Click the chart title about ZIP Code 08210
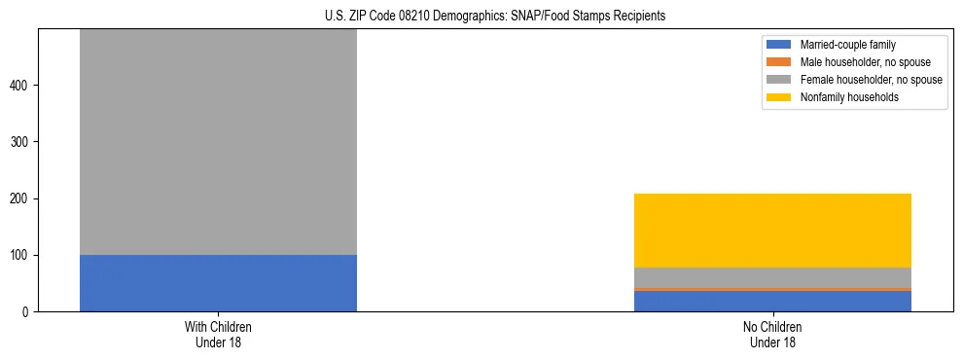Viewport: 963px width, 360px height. pyautogui.click(x=481, y=17)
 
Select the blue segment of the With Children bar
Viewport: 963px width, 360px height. pyautogui.click(x=218, y=283)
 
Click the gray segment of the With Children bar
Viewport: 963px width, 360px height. pyautogui.click(x=218, y=142)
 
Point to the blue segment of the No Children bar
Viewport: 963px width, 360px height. pyautogui.click(x=772, y=301)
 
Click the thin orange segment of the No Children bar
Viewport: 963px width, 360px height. pyautogui.click(x=772, y=289)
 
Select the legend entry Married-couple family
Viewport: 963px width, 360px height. pyautogui.click(x=847, y=45)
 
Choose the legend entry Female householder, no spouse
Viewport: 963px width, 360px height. pyautogui.click(x=871, y=80)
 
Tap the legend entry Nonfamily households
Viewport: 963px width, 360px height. pyautogui.click(x=849, y=97)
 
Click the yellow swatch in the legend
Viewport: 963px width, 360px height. pyautogui.click(x=779, y=97)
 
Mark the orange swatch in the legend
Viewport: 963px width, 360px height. pyautogui.click(x=779, y=62)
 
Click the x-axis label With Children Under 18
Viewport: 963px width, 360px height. pyautogui.click(x=218, y=335)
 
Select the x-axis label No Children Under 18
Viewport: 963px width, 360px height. pyautogui.click(x=772, y=335)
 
